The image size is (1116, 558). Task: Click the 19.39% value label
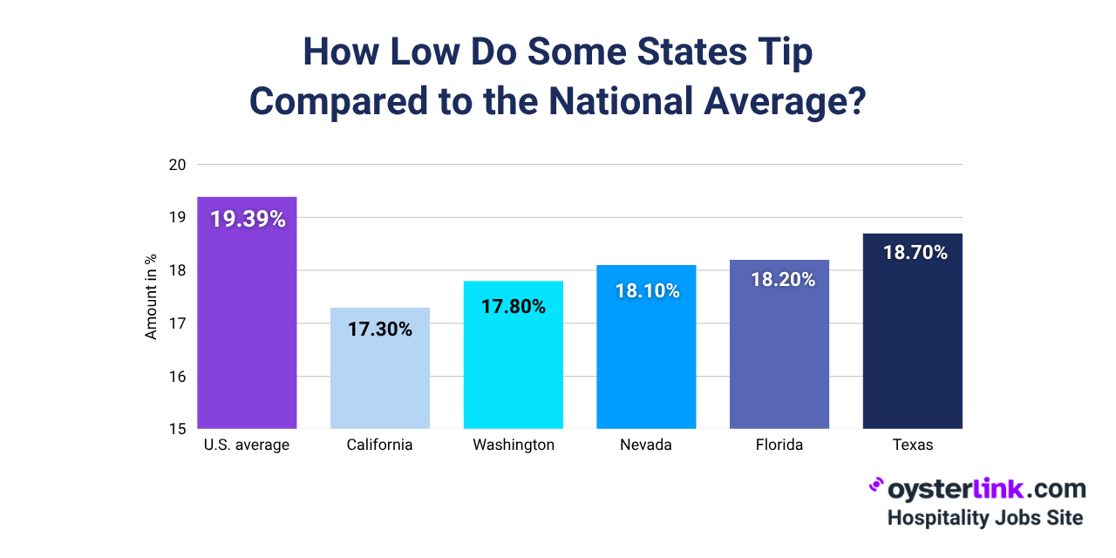[x=248, y=220]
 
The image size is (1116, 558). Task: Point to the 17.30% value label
[x=380, y=330]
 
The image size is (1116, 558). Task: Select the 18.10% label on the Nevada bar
[x=646, y=290]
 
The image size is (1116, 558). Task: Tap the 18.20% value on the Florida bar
[x=779, y=280]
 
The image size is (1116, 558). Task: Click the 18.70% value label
[x=912, y=253]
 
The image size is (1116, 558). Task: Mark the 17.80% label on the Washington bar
[x=513, y=306]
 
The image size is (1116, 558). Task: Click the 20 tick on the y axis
[x=177, y=164]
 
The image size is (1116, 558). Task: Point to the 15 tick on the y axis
[x=177, y=429]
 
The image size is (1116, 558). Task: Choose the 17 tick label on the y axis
[x=177, y=323]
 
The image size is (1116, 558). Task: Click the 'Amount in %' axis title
[x=151, y=296]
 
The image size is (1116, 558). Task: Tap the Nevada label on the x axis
[x=646, y=445]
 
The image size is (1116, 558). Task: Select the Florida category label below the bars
[x=779, y=445]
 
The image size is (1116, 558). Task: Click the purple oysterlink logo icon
[x=876, y=486]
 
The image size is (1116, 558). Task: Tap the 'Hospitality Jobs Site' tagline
[x=985, y=517]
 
